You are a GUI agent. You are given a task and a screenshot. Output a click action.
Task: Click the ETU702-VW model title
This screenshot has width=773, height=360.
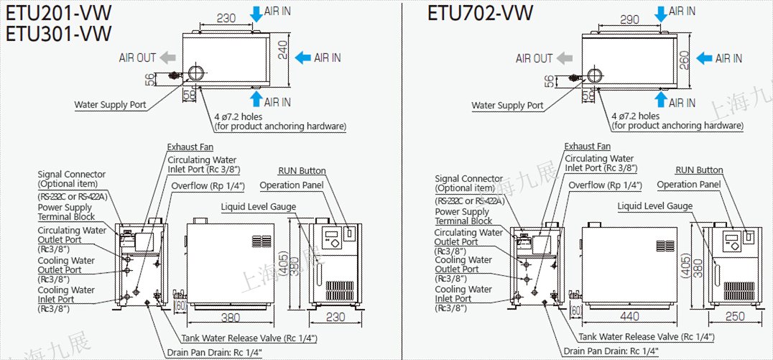(480, 13)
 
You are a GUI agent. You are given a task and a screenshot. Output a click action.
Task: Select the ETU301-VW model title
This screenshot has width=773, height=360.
(57, 34)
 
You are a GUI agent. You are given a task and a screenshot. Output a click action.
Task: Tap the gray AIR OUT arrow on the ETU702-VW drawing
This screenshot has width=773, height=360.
(565, 59)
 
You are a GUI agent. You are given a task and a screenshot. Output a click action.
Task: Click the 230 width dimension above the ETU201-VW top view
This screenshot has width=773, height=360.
(226, 18)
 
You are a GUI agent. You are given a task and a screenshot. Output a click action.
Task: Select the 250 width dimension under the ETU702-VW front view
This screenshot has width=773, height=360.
(734, 317)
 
